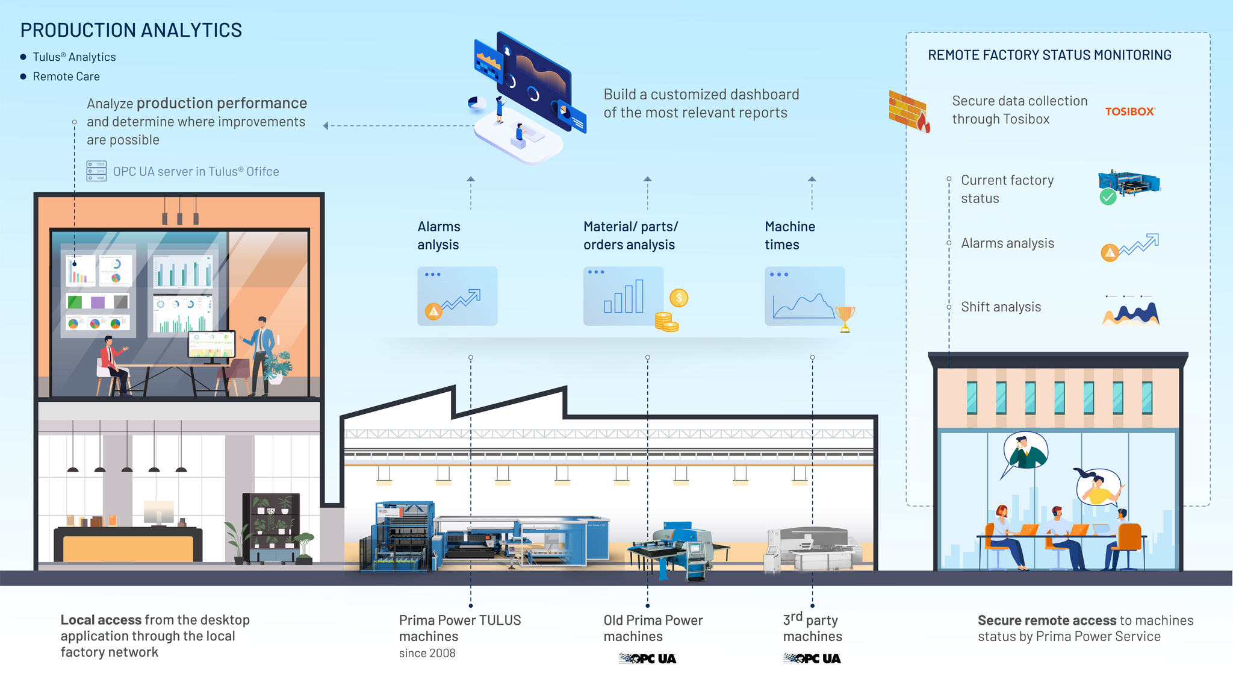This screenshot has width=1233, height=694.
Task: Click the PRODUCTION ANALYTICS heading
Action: [x=131, y=30]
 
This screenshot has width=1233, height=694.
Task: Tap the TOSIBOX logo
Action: [x=1129, y=111]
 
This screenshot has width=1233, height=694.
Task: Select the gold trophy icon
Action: [x=845, y=317]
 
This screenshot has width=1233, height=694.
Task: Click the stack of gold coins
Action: [x=666, y=322]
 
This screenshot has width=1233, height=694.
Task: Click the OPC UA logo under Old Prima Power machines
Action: [x=647, y=658]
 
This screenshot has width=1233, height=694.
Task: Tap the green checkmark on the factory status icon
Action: [x=1108, y=197]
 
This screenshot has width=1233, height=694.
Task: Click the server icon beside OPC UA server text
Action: [x=96, y=171]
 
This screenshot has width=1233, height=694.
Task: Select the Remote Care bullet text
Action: [x=66, y=77]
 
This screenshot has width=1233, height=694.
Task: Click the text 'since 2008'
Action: [x=427, y=653]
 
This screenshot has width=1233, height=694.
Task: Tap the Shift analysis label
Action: [x=1001, y=307]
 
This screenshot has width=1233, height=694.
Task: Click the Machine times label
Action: [x=789, y=236]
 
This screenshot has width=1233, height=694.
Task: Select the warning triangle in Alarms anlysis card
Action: [x=433, y=311]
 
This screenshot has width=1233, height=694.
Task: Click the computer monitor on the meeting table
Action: [x=211, y=345]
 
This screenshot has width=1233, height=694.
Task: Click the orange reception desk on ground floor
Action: [x=128, y=547]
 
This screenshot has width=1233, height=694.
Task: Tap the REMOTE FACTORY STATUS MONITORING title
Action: [x=1049, y=55]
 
